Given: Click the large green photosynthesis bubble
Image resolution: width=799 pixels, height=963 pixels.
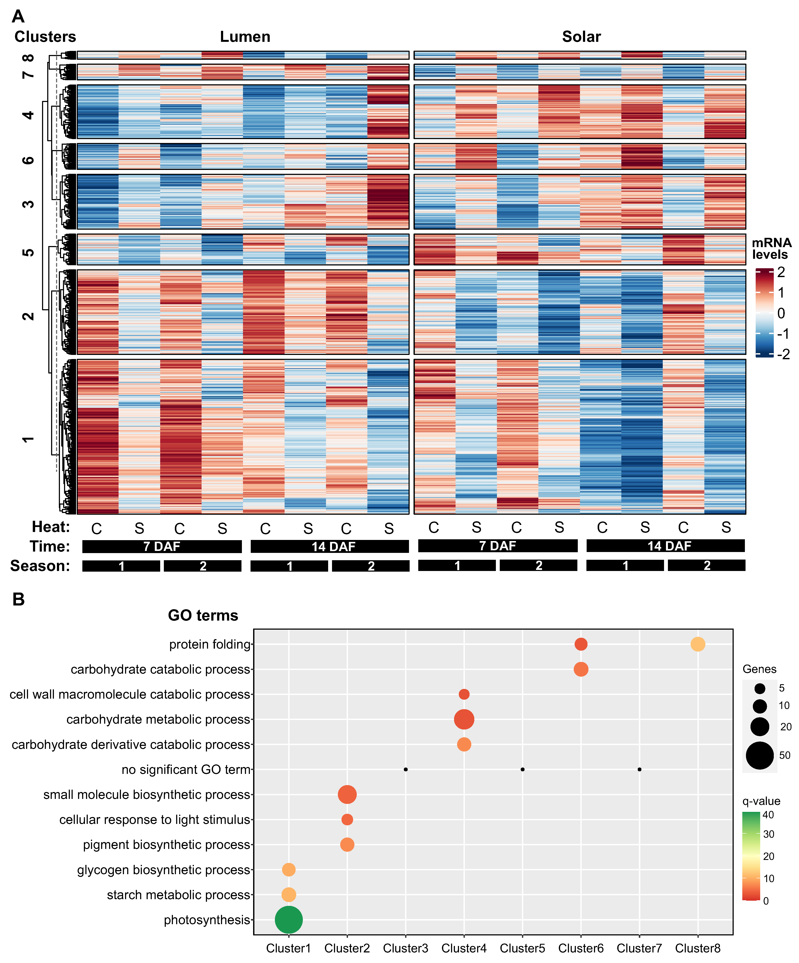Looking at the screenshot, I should click(288, 919).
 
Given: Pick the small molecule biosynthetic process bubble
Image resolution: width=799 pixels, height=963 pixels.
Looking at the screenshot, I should click(347, 794).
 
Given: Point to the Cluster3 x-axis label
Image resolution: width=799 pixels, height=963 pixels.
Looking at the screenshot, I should click(405, 948).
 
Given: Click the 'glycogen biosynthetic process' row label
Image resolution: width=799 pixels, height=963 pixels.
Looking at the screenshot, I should click(164, 869).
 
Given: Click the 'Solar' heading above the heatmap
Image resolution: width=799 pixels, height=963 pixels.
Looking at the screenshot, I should click(581, 37).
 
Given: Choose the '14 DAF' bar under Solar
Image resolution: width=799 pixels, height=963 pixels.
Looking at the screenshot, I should click(666, 546).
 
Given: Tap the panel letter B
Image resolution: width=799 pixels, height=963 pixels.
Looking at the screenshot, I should click(18, 599).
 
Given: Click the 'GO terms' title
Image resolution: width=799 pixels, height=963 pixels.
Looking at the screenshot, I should click(203, 615).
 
